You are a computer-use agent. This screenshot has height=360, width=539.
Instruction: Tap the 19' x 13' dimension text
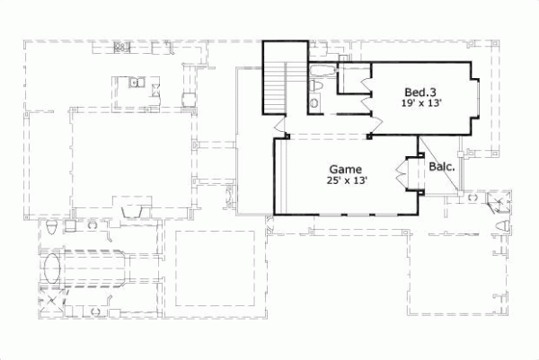[422, 104]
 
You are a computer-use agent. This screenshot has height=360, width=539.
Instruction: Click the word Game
[345, 168]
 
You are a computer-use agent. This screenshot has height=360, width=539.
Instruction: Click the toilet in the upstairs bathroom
[316, 85]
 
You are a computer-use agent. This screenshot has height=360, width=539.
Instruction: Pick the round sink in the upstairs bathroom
[314, 103]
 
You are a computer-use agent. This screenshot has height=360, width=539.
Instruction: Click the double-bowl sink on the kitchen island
[135, 84]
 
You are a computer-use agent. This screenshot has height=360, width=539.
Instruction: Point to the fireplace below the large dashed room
[131, 210]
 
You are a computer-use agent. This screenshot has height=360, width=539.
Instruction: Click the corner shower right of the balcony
[497, 202]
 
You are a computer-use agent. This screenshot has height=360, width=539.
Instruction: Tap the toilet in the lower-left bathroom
[53, 225]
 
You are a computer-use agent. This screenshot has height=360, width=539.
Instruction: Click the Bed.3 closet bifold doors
[364, 93]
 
